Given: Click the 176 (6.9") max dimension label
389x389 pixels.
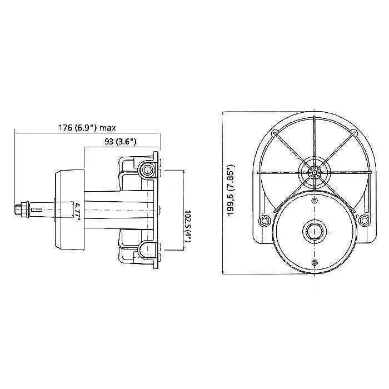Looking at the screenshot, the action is pyautogui.click(x=87, y=128).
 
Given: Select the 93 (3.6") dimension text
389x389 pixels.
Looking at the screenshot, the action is pyautogui.click(x=121, y=142).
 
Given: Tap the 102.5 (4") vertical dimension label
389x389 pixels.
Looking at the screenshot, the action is pyautogui.click(x=188, y=226).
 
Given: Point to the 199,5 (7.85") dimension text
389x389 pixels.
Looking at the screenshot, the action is pyautogui.click(x=231, y=190).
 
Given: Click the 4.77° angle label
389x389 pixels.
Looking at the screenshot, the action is pyautogui.click(x=78, y=210).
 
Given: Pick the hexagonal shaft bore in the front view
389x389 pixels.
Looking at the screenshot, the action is pyautogui.click(x=314, y=231).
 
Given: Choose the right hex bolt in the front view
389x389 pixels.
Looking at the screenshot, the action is pyautogui.click(x=364, y=220).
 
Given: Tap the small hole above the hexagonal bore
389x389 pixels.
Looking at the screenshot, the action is pyautogui.click(x=315, y=200).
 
